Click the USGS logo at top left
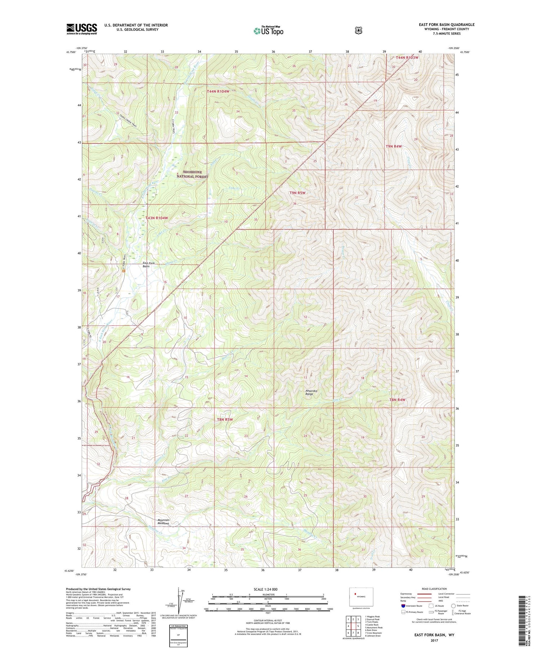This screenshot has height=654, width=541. pyautogui.click(x=82, y=29)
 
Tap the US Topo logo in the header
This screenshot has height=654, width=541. pyautogui.click(x=268, y=31)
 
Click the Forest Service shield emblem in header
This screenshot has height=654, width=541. pyautogui.click(x=359, y=31)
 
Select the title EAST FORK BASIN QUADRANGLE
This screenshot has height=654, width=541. pyautogui.click(x=447, y=25)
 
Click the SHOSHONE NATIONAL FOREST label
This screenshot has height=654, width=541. pyautogui.click(x=192, y=174)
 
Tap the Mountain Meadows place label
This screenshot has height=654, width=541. pyautogui.click(x=163, y=522)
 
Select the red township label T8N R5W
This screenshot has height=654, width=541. pyautogui.click(x=225, y=420)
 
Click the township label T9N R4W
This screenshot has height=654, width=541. pyautogui.click(x=393, y=146)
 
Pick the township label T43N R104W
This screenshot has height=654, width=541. pyautogui.click(x=157, y=218)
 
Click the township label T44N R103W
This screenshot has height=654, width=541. pyautogui.click(x=407, y=57)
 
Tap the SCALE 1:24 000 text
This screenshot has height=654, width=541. pyautogui.click(x=265, y=589)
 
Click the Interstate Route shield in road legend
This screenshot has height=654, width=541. pyautogui.click(x=403, y=606)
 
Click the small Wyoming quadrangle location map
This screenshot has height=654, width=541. pyautogui.click(x=361, y=597)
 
